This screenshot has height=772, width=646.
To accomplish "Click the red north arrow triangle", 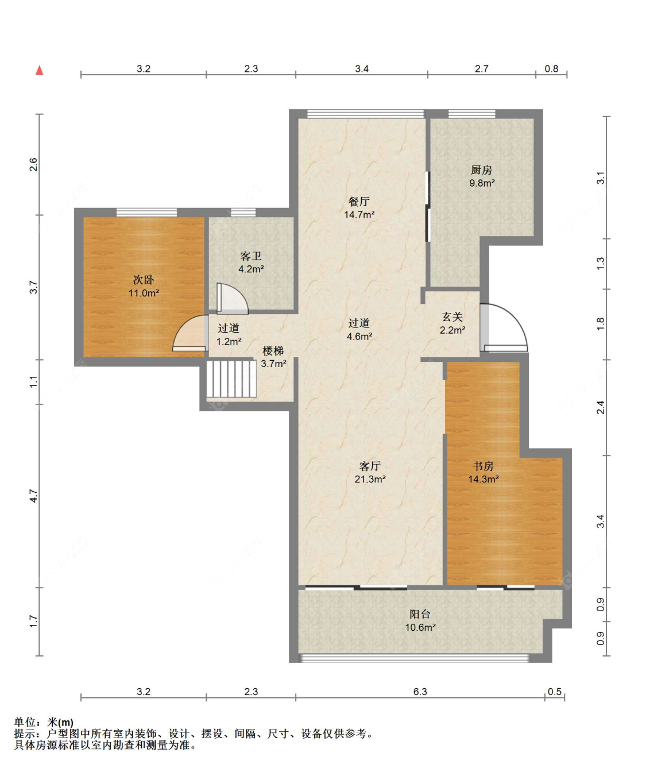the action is point(39,70).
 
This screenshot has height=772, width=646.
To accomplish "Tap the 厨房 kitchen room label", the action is point(482,170).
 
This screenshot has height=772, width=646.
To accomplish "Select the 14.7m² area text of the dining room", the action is point(359,214).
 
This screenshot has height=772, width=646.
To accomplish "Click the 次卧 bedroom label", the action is point(144,280).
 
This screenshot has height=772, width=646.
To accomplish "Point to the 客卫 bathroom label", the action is point(251,256).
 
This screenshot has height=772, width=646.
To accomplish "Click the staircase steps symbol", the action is point(231,379).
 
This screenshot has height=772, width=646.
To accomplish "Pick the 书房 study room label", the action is point(483,466).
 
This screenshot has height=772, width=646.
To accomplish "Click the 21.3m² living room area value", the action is point(370,479).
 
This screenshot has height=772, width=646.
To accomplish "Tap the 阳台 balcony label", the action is point(420,614).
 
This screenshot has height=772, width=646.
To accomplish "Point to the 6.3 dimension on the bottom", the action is point(420,692).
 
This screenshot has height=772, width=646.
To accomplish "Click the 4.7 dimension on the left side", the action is point(34,496).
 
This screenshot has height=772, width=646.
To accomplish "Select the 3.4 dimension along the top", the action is point(362,69).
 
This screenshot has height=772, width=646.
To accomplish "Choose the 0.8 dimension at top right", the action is point(551,69).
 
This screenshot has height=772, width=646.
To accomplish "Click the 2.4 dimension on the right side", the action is point(601,407).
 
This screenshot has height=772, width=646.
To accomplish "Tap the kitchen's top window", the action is point(472,114).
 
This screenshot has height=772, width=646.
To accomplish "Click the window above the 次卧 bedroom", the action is point(147,212).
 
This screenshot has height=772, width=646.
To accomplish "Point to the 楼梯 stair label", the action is point(273,350).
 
